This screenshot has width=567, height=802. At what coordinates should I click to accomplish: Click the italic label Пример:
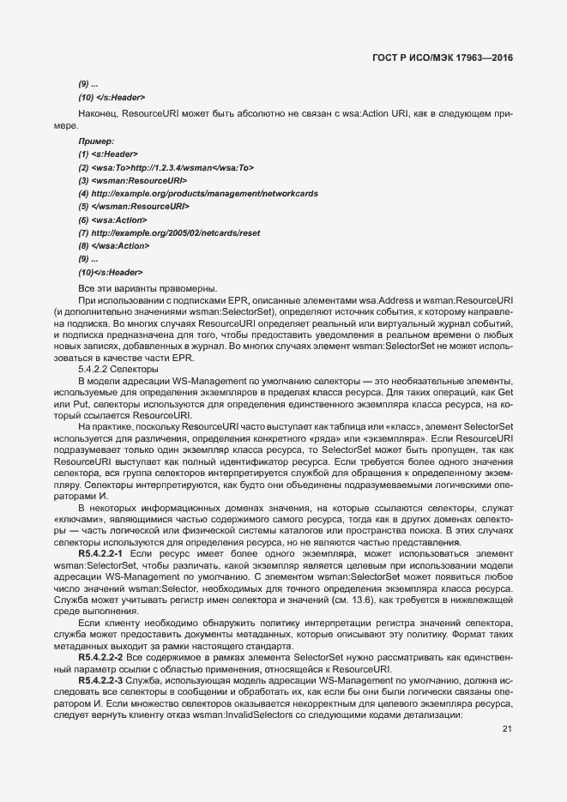(x=96, y=140)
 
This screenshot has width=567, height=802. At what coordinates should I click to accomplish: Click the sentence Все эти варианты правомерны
(x=136, y=286)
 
